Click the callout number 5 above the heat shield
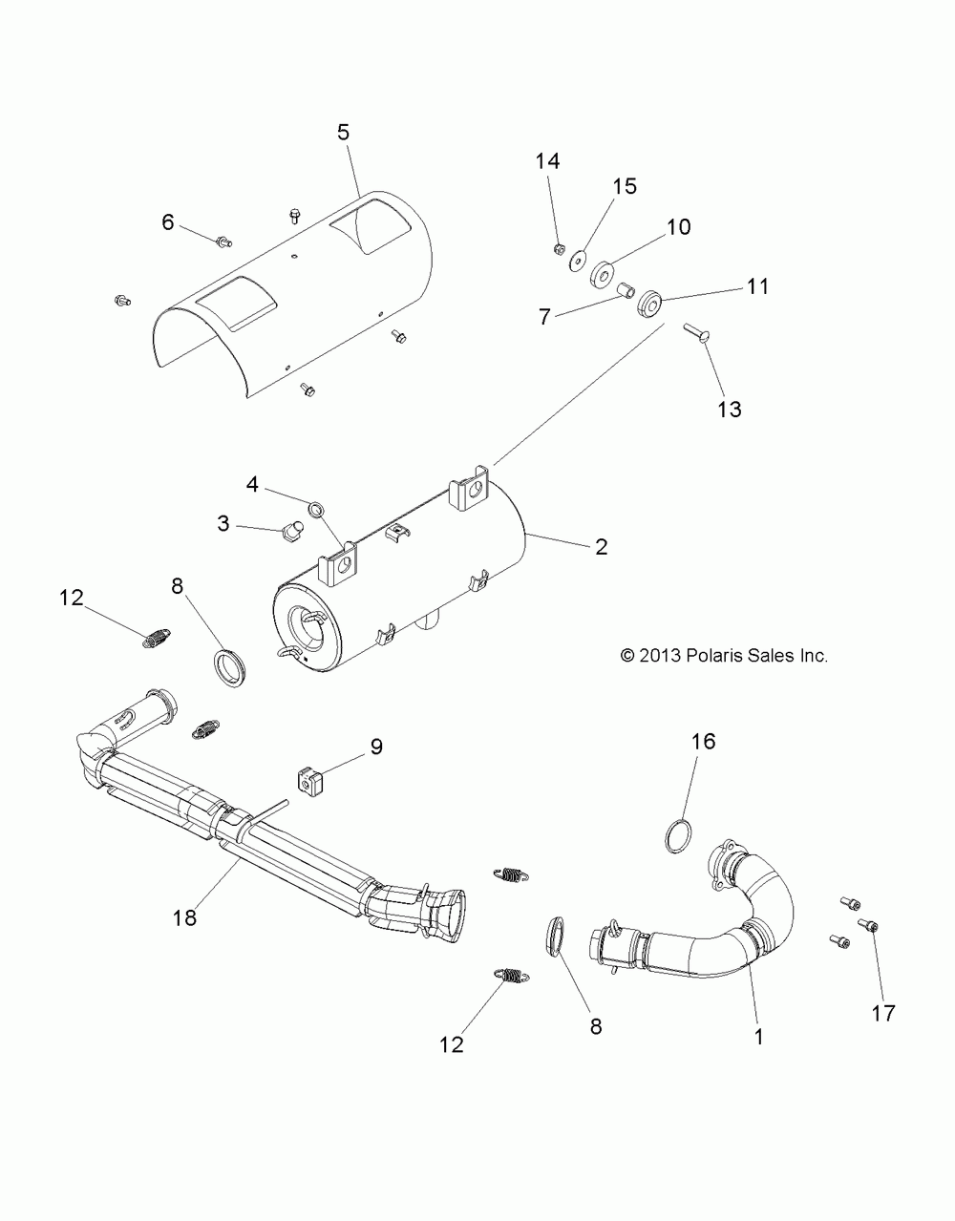(x=343, y=133)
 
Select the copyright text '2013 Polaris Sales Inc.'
(x=724, y=656)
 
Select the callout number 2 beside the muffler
(x=601, y=546)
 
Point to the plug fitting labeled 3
(x=290, y=526)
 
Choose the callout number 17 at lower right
(x=884, y=1013)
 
